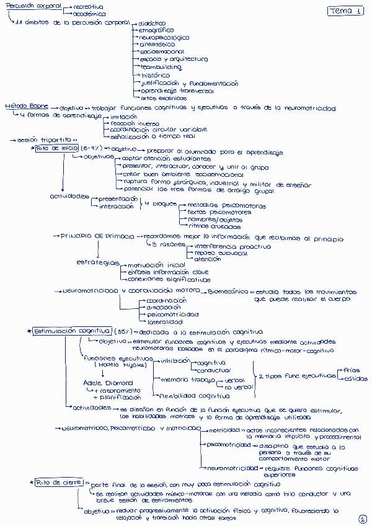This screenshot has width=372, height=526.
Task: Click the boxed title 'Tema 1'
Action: coord(346,11)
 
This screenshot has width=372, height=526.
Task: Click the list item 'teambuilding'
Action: coord(161,67)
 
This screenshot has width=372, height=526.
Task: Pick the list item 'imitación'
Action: coord(123,116)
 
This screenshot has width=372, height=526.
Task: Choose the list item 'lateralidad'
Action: coord(164,322)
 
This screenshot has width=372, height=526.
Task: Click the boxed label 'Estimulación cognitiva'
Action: coord(71,332)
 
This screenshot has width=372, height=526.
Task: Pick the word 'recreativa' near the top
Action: coord(87,6)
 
